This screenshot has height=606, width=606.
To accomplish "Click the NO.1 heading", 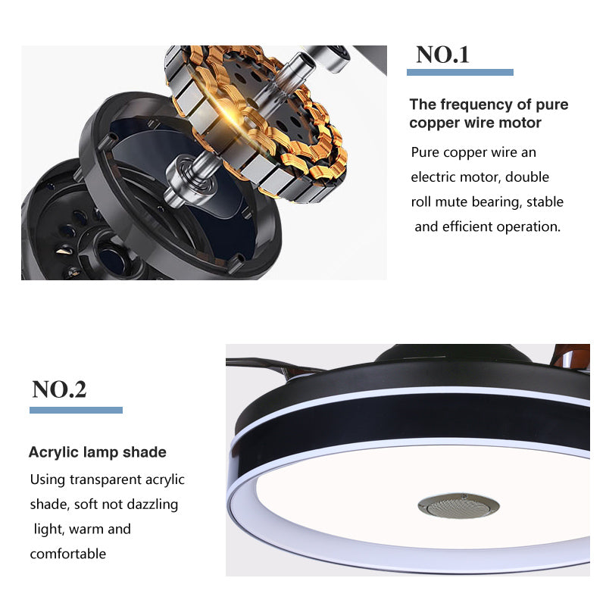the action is [x=442, y=55].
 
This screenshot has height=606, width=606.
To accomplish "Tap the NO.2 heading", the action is [x=59, y=389].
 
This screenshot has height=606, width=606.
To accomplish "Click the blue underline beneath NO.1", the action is [x=460, y=72].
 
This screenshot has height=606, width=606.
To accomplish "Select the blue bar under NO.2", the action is [x=77, y=410].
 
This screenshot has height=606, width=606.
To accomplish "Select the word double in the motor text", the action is [x=527, y=177].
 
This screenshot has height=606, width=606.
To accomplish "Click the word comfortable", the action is [x=68, y=554].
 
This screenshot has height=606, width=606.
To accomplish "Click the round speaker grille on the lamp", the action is [x=458, y=505].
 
